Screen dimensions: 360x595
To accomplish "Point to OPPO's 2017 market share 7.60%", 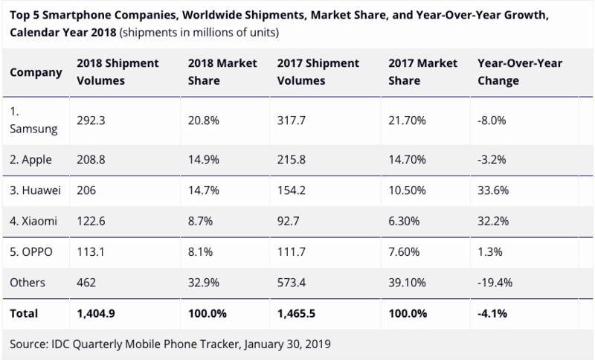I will pos(404,252).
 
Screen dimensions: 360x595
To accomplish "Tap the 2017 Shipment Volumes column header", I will pos(311,74).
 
